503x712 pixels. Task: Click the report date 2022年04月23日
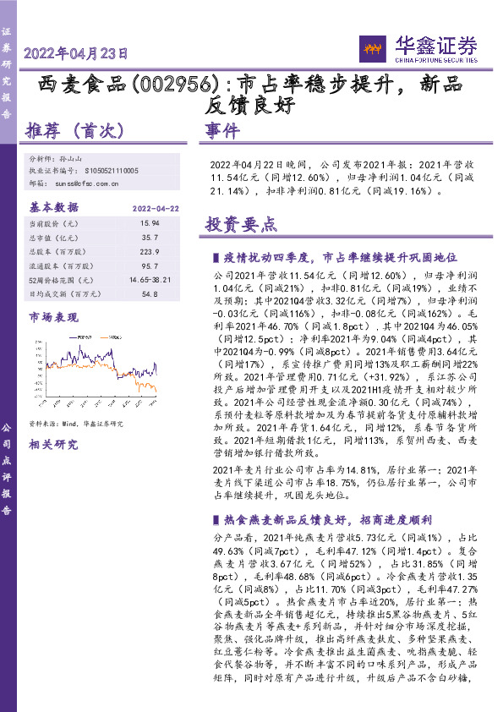[76, 53]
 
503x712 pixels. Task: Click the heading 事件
[223, 131]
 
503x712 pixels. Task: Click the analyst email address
[85, 182]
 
